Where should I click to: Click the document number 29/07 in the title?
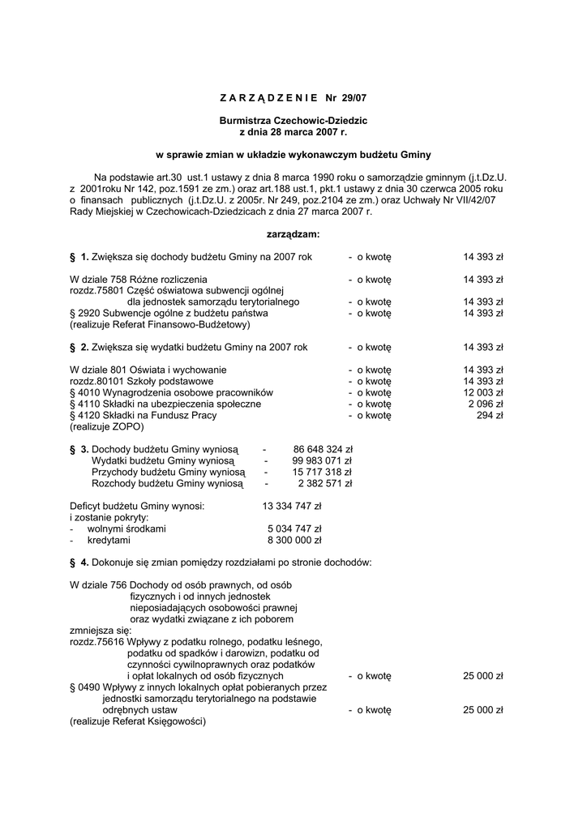[x=353, y=98]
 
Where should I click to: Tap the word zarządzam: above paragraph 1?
[x=293, y=234]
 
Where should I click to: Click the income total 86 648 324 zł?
[x=322, y=448]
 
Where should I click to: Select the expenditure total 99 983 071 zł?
[x=322, y=460]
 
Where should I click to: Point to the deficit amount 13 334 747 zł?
[x=292, y=506]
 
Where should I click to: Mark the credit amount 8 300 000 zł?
[x=294, y=540]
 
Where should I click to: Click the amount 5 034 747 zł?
[x=294, y=528]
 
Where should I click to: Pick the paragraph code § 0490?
[x=85, y=687]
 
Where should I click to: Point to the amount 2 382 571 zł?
[x=325, y=482]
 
